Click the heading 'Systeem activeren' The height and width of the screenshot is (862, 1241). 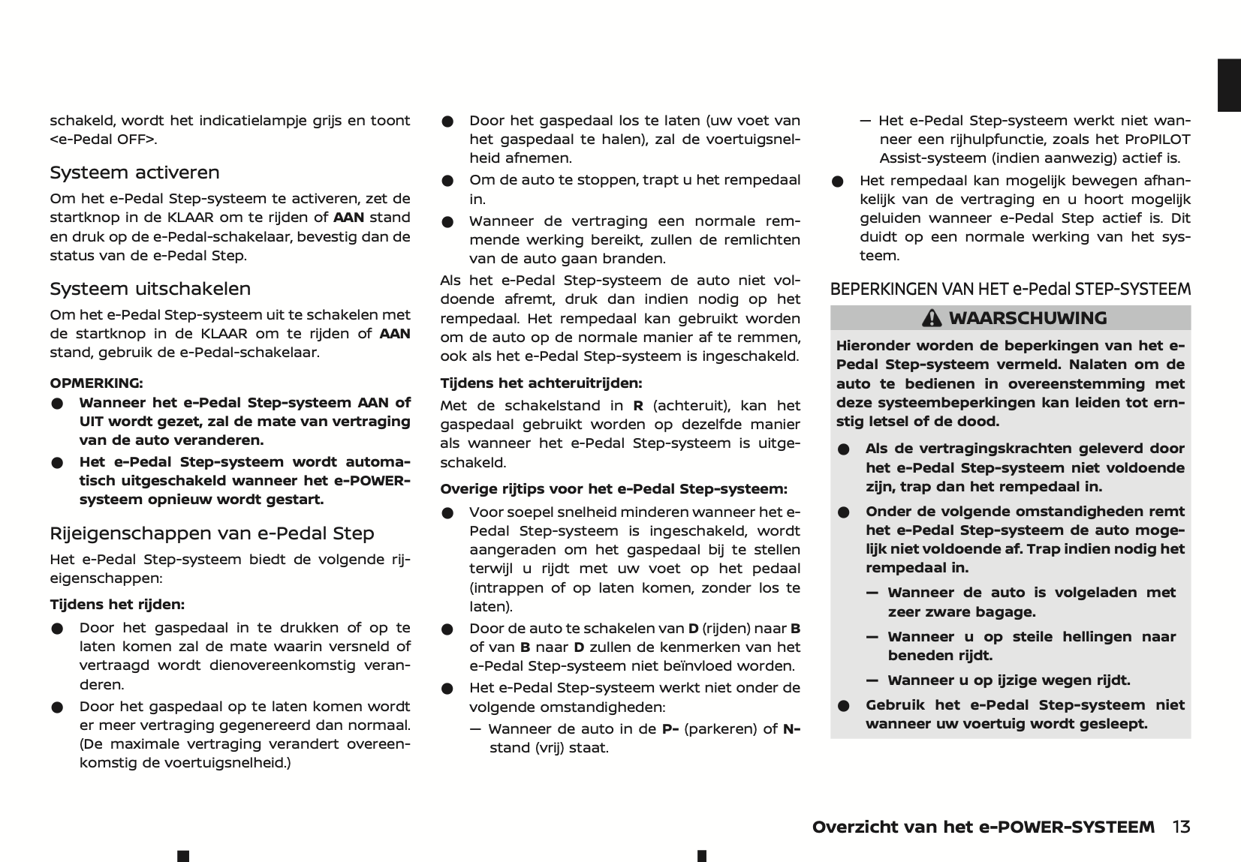pyautogui.click(x=134, y=173)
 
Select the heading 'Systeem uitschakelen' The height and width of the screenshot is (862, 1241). pyautogui.click(x=150, y=289)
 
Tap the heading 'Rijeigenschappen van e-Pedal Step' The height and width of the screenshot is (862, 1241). pyautogui.click(x=212, y=533)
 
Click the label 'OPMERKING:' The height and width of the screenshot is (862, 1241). pyautogui.click(x=96, y=383)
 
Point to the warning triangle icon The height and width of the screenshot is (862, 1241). pyautogui.click(x=932, y=318)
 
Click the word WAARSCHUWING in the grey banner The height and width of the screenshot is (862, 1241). pyautogui.click(x=1027, y=318)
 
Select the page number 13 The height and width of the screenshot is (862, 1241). pyautogui.click(x=1181, y=827)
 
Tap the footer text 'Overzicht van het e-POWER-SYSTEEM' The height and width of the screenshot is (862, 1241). pyautogui.click(x=983, y=827)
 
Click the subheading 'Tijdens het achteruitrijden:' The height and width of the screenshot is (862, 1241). pyautogui.click(x=541, y=383)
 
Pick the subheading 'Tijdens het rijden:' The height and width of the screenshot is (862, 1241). pyautogui.click(x=117, y=605)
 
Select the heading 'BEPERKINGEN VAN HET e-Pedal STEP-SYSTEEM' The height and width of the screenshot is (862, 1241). pyautogui.click(x=1010, y=290)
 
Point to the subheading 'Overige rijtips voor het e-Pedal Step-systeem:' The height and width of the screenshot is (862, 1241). pyautogui.click(x=613, y=489)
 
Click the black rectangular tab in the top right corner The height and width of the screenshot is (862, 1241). pyautogui.click(x=1229, y=85)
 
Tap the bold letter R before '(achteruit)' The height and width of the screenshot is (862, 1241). pyautogui.click(x=638, y=406)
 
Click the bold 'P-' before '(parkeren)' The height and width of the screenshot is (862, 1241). pyautogui.click(x=670, y=729)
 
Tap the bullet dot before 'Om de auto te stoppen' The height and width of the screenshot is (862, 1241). pyautogui.click(x=447, y=181)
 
